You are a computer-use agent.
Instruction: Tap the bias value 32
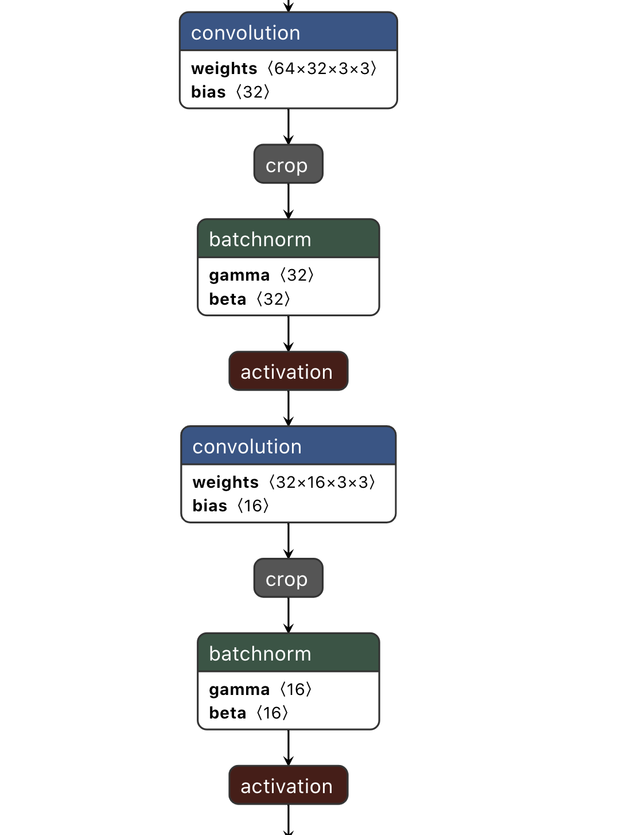[252, 92]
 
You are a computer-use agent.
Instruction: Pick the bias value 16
[253, 506]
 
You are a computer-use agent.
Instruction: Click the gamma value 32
[297, 275]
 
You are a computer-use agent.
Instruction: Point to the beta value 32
[273, 300]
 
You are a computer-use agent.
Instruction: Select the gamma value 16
[295, 690]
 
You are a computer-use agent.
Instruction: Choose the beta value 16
[272, 713]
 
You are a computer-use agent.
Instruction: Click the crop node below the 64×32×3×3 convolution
[288, 165]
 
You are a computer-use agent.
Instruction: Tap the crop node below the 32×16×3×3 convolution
[288, 578]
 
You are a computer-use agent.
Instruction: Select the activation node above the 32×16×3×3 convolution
[288, 372]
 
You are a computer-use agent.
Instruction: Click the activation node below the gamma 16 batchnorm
[288, 786]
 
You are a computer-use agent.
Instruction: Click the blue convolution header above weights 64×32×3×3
[288, 33]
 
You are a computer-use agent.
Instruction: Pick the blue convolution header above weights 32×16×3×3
[288, 446]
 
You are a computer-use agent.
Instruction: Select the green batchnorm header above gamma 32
[288, 239]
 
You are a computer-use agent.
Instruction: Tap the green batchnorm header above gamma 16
[288, 654]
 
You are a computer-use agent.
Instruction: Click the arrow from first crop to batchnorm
[289, 201]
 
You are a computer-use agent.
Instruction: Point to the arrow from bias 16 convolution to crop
[289, 540]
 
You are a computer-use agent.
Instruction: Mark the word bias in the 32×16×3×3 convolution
[210, 506]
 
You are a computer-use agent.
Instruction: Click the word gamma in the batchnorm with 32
[239, 275]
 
